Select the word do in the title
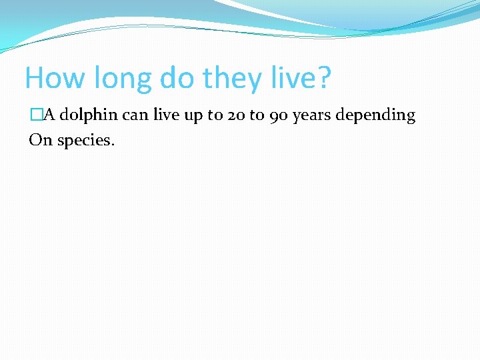pos(176,78)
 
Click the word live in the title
pos(291,78)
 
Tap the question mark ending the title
pos(324,78)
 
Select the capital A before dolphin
pos(49,115)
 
